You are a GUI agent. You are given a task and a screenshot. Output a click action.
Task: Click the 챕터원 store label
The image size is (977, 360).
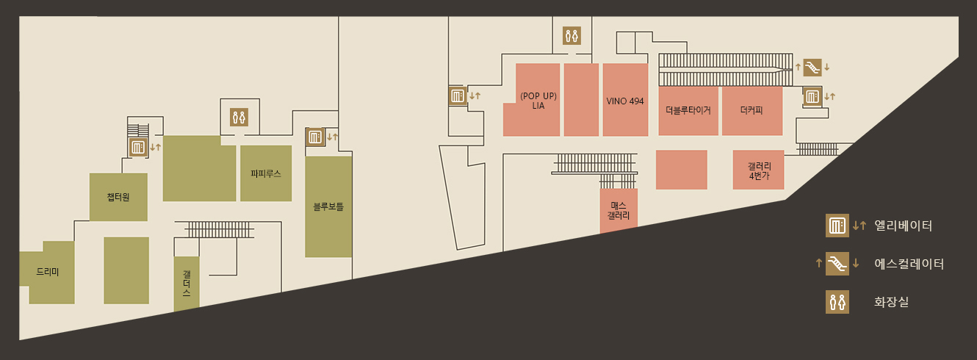118,196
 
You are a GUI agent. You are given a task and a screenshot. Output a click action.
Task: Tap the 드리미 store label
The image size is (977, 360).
48,272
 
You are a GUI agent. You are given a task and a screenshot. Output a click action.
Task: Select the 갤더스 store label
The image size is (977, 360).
187,283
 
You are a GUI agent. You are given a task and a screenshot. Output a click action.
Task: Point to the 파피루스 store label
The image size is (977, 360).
266,174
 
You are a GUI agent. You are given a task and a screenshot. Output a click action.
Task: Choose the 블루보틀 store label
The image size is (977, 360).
328,206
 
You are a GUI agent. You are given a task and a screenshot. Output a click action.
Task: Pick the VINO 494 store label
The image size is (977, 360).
625,101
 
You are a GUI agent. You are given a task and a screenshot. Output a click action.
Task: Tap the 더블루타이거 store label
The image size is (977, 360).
688,110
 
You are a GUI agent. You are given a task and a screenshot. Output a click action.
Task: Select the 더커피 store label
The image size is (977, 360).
751,110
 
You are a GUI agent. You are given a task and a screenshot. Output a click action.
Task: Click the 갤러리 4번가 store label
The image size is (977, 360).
758,170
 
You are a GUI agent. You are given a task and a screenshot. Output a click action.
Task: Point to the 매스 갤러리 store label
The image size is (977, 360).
619,211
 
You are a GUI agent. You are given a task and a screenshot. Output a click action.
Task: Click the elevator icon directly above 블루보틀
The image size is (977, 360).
314,137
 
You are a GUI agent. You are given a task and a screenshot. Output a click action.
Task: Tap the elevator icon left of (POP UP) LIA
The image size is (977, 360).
458,96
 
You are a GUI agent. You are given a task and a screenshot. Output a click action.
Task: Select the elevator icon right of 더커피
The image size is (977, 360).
812,96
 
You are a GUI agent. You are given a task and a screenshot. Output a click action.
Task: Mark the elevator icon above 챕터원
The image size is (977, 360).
138,147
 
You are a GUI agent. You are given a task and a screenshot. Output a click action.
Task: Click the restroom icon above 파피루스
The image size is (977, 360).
239,117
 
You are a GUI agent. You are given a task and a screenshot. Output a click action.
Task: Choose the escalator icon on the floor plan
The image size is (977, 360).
812,68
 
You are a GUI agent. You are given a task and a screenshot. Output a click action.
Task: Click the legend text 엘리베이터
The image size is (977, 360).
904,226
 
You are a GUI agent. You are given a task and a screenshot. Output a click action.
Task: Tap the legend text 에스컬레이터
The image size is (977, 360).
909,264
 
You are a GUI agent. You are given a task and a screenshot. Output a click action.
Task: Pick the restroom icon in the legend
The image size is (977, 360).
837,301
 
